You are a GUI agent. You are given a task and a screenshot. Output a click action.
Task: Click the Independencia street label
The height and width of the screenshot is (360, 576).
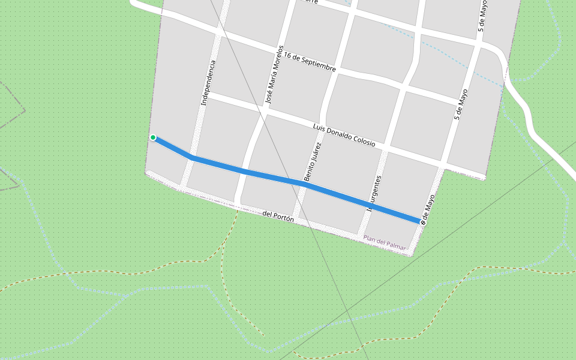(208, 83)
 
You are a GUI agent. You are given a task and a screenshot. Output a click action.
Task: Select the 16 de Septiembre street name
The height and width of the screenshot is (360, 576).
(310, 62)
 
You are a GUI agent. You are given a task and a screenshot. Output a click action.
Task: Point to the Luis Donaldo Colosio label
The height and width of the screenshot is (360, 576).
(344, 135)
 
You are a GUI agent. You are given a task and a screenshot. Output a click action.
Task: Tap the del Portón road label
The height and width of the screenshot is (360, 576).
(278, 216)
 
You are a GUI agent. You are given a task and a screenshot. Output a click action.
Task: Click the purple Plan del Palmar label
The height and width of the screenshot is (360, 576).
(384, 241)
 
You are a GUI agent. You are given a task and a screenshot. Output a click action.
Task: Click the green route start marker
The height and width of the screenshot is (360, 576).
(153, 137)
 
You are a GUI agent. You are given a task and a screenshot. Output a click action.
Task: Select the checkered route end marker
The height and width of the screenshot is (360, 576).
(423, 223)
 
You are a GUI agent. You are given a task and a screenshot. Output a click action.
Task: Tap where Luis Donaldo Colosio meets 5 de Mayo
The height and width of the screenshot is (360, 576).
(442, 164)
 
